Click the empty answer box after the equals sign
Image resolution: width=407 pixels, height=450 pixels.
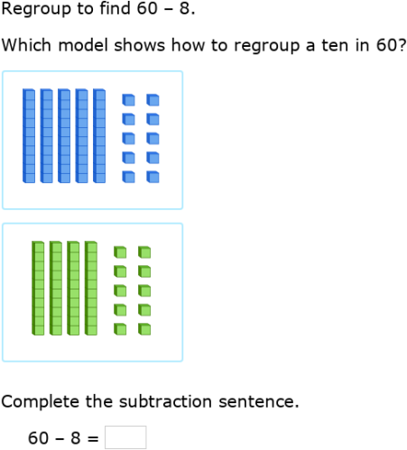click(x=125, y=437)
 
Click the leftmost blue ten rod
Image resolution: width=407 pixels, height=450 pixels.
click(x=29, y=135)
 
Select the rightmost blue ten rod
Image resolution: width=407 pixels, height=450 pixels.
click(x=99, y=135)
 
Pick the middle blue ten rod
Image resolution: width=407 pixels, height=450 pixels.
click(x=64, y=135)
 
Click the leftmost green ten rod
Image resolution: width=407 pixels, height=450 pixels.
click(x=38, y=288)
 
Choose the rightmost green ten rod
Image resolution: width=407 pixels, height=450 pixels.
click(x=90, y=288)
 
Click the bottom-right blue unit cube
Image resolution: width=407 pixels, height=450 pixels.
click(x=153, y=177)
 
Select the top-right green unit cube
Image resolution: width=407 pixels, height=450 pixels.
click(x=144, y=253)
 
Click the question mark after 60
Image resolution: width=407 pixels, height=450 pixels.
click(x=400, y=45)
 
